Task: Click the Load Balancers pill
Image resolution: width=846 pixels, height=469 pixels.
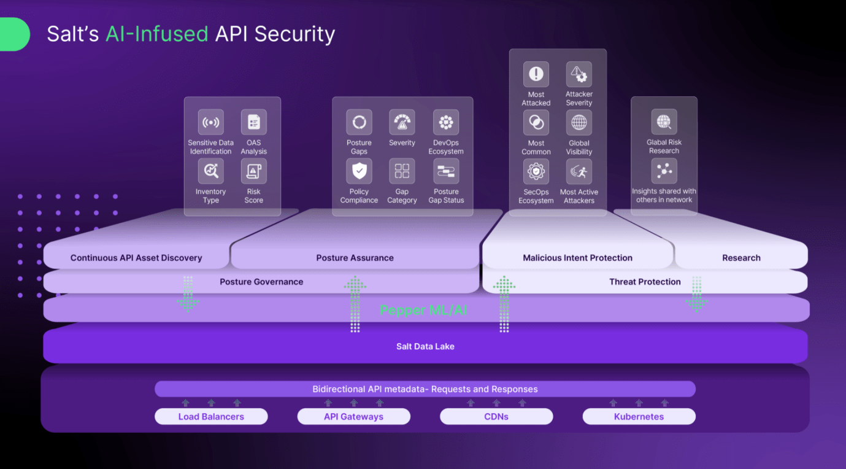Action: tap(211, 417)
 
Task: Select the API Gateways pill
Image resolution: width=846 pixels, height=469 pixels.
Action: tap(353, 417)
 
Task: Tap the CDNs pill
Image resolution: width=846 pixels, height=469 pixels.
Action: tap(496, 417)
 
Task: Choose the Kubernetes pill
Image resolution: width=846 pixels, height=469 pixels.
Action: tap(639, 417)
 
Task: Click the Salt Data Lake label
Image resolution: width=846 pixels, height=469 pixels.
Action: tap(425, 346)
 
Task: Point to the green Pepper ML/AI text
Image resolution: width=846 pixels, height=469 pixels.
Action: tap(423, 310)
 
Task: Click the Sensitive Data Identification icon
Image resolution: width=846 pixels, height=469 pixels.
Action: tap(210, 122)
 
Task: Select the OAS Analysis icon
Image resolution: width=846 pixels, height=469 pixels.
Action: tap(253, 122)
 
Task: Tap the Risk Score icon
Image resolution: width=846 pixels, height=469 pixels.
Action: tap(253, 171)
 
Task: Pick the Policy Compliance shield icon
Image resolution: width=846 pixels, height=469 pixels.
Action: tap(359, 171)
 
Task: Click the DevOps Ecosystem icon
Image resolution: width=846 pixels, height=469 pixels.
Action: tap(446, 122)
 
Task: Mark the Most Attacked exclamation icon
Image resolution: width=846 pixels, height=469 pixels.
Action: tap(536, 74)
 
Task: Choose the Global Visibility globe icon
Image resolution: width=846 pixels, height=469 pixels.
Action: tap(579, 123)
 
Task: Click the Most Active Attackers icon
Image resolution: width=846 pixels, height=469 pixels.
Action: tap(579, 172)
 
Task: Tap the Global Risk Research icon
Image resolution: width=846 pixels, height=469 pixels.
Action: tap(664, 122)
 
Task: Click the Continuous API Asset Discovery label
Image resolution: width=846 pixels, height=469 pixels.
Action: tap(136, 258)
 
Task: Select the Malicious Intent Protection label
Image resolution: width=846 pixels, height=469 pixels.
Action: tap(577, 258)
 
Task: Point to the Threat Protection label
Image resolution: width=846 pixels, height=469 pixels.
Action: tap(645, 282)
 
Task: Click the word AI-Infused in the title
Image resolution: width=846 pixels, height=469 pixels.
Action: tap(156, 34)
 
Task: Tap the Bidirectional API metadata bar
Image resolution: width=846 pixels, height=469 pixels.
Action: tap(425, 389)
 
